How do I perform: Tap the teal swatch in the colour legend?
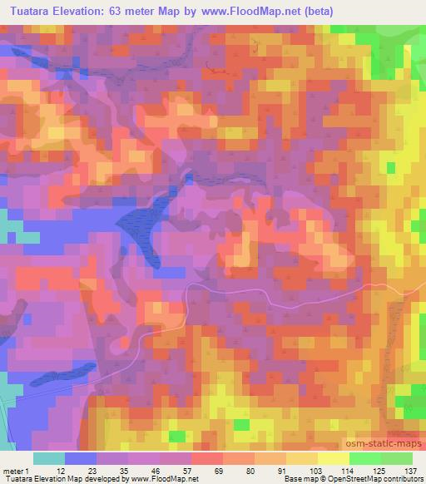tap(49, 458)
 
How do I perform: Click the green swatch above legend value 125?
tap(365, 458)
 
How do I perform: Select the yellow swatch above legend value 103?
tap(302, 458)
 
